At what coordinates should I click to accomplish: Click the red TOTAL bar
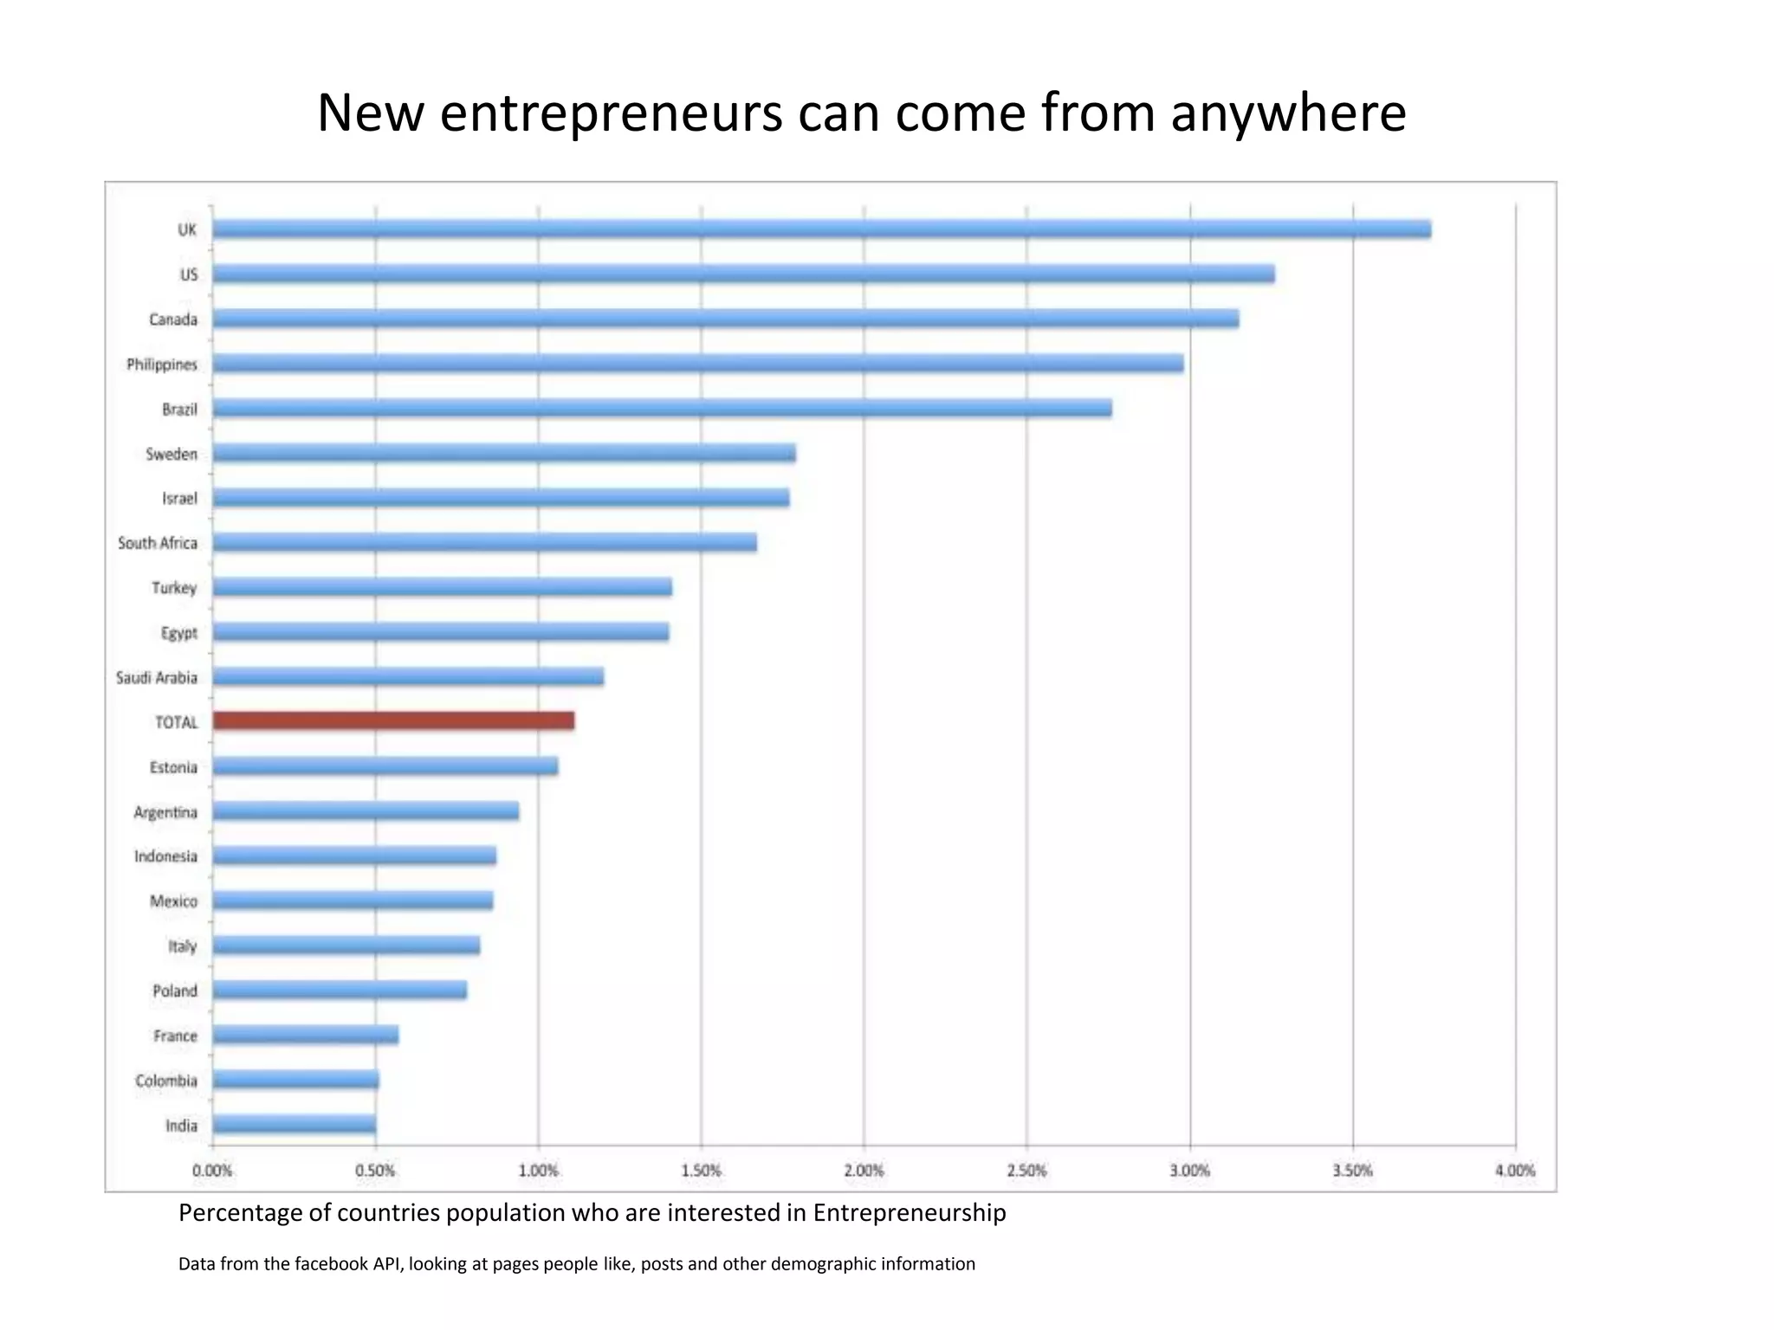[x=393, y=720]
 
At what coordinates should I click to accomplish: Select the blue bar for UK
[x=821, y=229]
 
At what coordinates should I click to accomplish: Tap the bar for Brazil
[x=662, y=409]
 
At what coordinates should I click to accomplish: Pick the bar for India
[x=295, y=1125]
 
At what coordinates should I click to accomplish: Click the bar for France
[x=306, y=1035]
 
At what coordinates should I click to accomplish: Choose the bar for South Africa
[x=484, y=543]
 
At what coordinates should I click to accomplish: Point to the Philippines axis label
[x=162, y=365]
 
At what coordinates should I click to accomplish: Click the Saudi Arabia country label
[x=157, y=678]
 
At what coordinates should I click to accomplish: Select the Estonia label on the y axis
[x=173, y=767]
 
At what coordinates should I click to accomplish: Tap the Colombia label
[x=166, y=1081]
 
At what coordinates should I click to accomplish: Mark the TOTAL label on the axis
[x=177, y=722]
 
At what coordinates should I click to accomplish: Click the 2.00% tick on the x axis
[x=864, y=1171]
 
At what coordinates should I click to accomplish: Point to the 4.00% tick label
[x=1515, y=1171]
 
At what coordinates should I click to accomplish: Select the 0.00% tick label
[x=212, y=1171]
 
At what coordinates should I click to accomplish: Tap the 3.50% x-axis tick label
[x=1352, y=1171]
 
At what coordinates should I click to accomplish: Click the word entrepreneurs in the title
[x=611, y=113]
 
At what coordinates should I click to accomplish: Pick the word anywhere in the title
[x=1288, y=113]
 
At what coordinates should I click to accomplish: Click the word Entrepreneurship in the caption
[x=909, y=1213]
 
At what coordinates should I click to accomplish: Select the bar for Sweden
[x=504, y=454]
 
